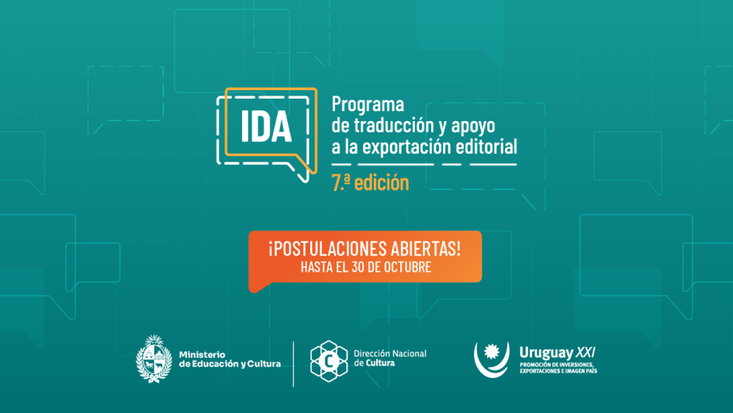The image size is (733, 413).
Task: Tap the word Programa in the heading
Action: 368,104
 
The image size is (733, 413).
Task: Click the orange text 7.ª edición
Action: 369,184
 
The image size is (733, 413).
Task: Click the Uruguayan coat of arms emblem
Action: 153,358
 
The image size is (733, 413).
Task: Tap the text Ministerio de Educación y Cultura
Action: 230,359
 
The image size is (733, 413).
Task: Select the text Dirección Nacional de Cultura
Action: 389,358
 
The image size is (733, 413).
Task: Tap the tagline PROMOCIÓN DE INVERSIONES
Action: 557,364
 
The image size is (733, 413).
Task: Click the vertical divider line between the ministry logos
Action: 293,363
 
